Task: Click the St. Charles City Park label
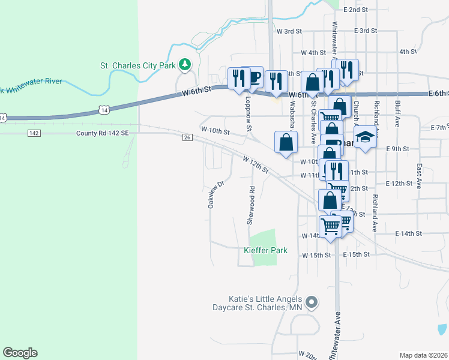[137, 65]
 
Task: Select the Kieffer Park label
[265, 250]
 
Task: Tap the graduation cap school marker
[364, 137]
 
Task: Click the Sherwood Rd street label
[252, 206]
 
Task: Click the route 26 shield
[187, 137]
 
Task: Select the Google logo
[20, 353]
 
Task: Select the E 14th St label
[409, 233]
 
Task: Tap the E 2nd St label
[356, 10]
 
